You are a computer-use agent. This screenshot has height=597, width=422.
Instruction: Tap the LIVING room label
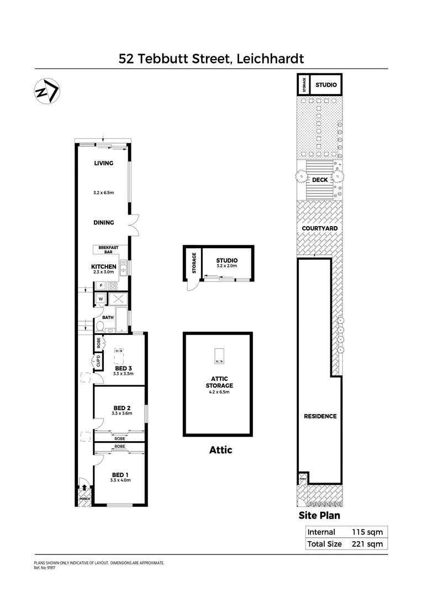click(103, 163)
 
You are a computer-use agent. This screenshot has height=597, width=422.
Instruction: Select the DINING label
click(103, 223)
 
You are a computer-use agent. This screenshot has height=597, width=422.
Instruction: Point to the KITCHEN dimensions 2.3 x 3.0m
click(103, 272)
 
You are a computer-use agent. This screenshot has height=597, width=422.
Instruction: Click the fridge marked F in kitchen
click(101, 286)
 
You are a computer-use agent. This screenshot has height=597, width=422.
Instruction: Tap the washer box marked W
click(101, 299)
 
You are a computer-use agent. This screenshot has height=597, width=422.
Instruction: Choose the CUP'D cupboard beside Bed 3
click(98, 363)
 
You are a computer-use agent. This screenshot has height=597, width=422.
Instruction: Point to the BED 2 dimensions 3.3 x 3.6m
click(122, 413)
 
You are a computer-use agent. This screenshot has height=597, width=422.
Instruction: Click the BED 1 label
click(120, 474)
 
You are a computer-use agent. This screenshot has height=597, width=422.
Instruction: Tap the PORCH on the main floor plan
click(84, 498)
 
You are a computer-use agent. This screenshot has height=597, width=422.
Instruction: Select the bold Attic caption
click(220, 450)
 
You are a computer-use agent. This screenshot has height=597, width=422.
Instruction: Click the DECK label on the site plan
click(320, 180)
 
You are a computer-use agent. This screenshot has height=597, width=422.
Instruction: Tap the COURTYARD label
click(320, 228)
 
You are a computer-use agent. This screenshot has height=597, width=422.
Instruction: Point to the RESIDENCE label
click(320, 416)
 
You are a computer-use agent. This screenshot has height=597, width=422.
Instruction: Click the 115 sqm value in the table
click(367, 532)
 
